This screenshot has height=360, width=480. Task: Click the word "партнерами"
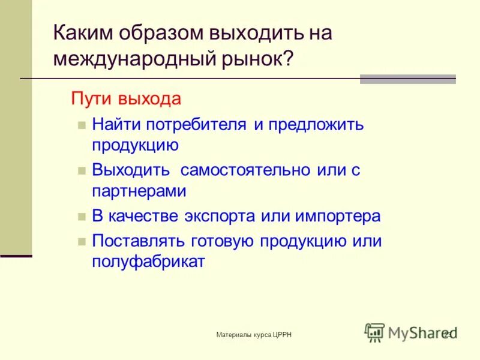[x=139, y=191]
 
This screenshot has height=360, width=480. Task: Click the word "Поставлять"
[x=139, y=241]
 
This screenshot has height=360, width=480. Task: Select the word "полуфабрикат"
[x=149, y=262]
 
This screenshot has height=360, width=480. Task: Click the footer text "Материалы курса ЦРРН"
[x=254, y=334]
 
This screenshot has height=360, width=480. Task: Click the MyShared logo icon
[x=375, y=332]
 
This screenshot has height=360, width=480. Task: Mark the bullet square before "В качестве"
[x=82, y=217]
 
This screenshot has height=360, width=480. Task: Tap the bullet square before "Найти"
[x=82, y=125]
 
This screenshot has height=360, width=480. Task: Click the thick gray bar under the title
[x=407, y=79]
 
